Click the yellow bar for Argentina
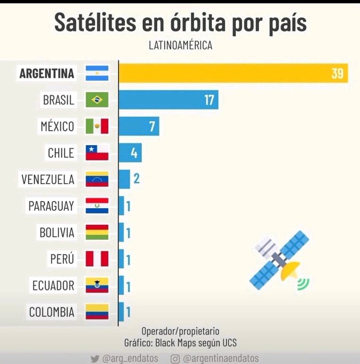[x=233, y=73]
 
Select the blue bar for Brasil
[x=168, y=100]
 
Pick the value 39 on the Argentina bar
[x=337, y=73]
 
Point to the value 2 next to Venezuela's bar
[x=136, y=179]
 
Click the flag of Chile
[x=97, y=153]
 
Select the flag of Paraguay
[x=97, y=206]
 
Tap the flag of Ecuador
[x=97, y=285]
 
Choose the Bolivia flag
[x=97, y=232]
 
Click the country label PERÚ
[x=62, y=259]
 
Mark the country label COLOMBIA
[x=52, y=312]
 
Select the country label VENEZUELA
[x=48, y=179]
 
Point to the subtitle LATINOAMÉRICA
[x=180, y=45]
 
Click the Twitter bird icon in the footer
[x=95, y=358]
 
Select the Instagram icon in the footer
[x=175, y=358]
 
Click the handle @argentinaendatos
[x=221, y=358]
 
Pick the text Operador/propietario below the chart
[x=180, y=331]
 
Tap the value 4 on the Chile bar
[x=134, y=153]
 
